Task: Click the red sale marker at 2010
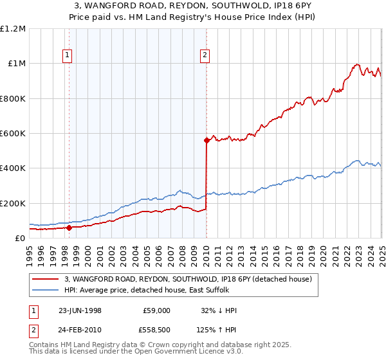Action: tap(207, 139)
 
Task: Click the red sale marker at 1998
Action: tap(69, 227)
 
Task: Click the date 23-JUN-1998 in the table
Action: tap(80, 310)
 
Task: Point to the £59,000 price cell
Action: tap(156, 310)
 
